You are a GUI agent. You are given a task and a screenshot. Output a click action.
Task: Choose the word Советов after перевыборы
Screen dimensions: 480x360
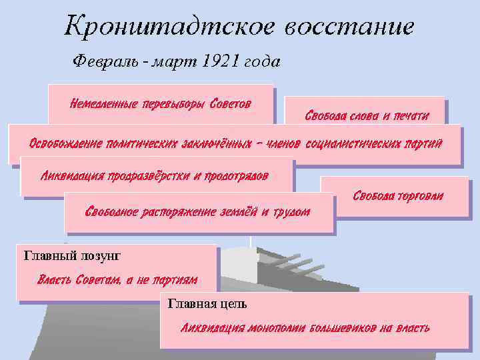pyautogui.click(x=231, y=104)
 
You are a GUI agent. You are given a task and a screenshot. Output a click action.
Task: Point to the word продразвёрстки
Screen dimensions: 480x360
pyautogui.click(x=147, y=176)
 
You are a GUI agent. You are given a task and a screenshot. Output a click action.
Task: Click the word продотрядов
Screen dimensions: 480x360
pyautogui.click(x=236, y=176)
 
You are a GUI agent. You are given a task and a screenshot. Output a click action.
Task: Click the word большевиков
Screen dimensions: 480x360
pyautogui.click(x=343, y=327)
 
